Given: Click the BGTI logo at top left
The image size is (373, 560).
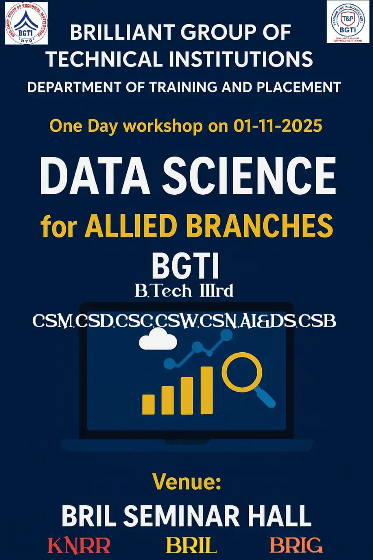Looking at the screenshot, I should [26, 23].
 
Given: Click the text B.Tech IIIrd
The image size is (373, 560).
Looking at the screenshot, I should [184, 291].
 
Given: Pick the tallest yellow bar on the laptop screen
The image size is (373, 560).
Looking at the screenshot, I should [206, 390].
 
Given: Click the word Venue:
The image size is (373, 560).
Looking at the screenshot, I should [187, 483].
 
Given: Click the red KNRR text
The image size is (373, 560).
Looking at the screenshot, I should [79, 546].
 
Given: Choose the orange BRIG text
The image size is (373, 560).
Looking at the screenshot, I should [296, 546].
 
